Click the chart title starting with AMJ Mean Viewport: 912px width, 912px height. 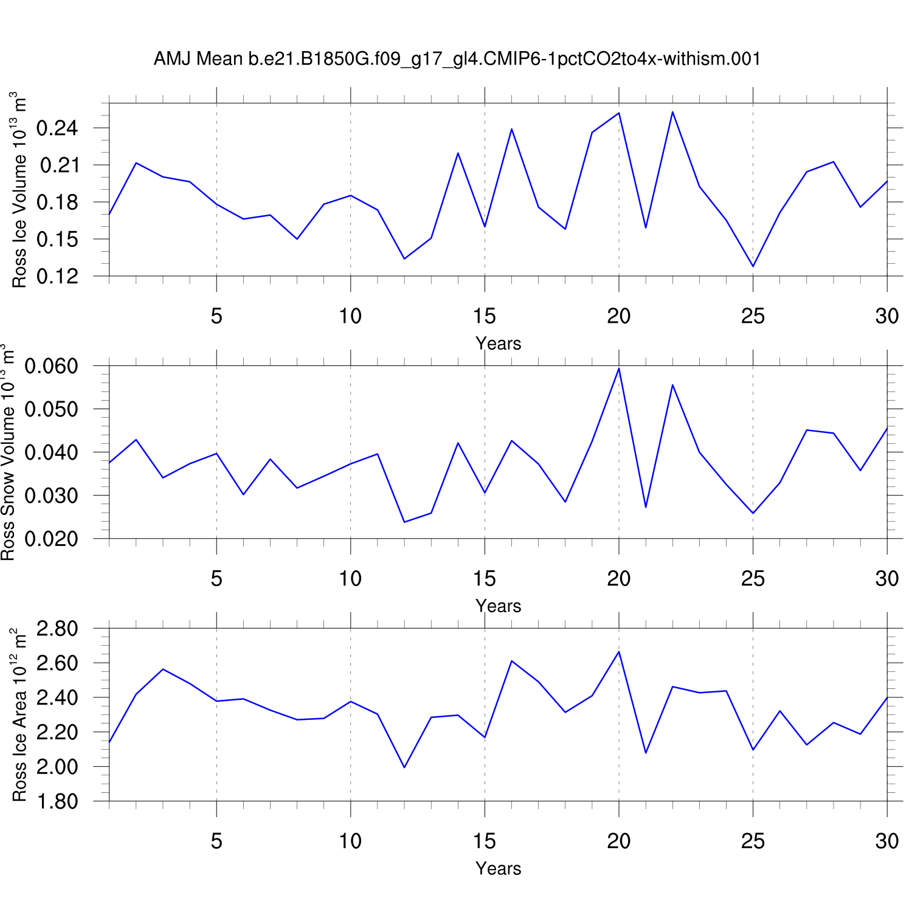click(457, 59)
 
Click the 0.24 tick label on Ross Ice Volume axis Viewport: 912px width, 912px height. click(58, 128)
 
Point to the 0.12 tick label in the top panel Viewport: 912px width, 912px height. click(58, 277)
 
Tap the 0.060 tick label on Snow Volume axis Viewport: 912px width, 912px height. click(52, 366)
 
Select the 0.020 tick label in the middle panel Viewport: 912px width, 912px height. click(52, 539)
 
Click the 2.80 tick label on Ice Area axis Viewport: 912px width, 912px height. click(58, 629)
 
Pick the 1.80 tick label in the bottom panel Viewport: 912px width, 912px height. click(58, 801)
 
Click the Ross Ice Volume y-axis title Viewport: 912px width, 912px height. click(19, 190)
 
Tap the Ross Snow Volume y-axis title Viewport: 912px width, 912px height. click(8, 452)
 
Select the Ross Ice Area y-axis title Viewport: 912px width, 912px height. click(19, 715)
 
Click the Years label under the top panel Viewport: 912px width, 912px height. click(498, 344)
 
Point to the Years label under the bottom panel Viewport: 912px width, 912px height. click(498, 869)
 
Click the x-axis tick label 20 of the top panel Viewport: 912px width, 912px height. click(618, 316)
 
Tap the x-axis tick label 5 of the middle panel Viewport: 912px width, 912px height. click(216, 579)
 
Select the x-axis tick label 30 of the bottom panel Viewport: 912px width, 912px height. click(886, 841)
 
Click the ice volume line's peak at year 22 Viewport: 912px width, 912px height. click(672, 112)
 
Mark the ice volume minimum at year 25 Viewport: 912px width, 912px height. click(753, 266)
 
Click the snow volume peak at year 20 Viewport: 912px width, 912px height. click(619, 368)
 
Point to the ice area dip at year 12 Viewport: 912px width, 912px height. click(404, 767)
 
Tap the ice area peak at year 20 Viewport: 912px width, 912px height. click(619, 652)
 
